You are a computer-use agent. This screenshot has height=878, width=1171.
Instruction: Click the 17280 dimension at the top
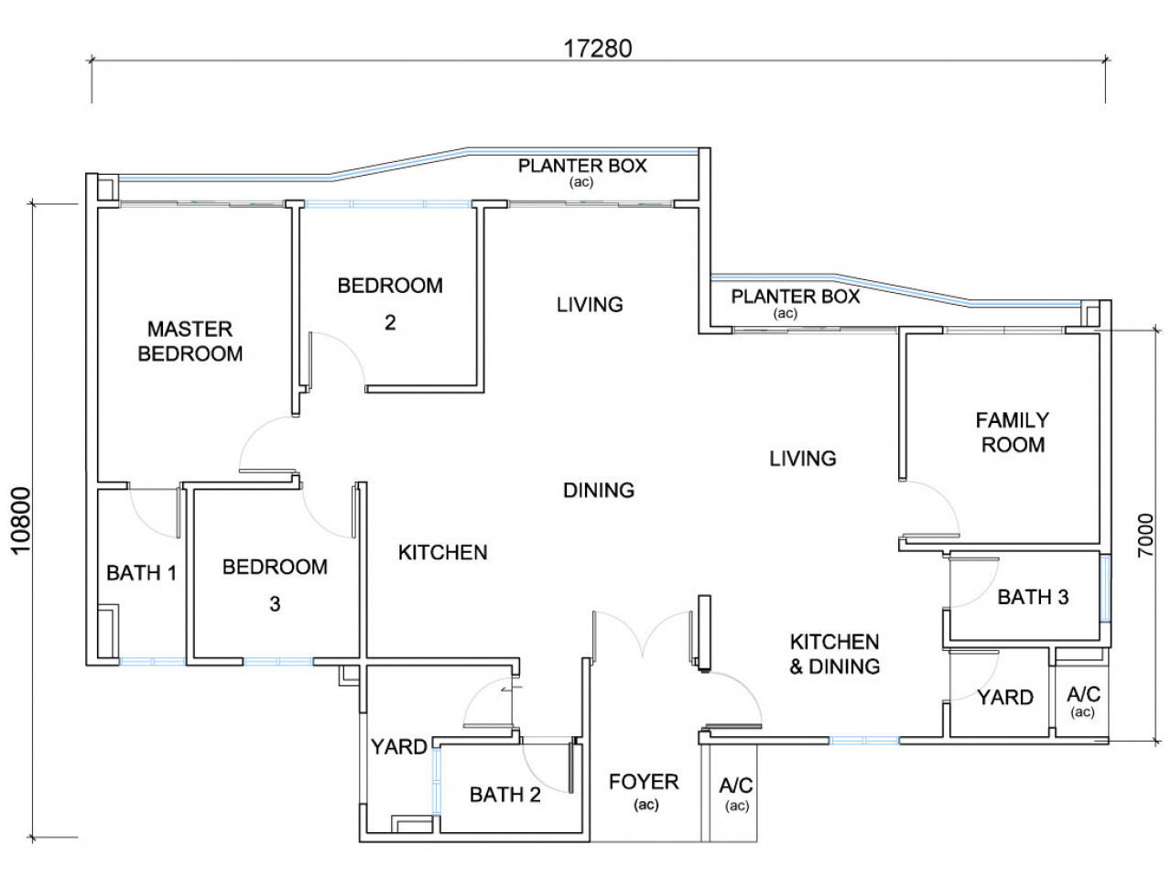pyautogui.click(x=598, y=49)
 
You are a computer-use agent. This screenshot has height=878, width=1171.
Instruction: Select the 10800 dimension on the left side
pyautogui.click(x=22, y=521)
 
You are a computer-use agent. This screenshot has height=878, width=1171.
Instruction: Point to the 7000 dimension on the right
pyautogui.click(x=1144, y=536)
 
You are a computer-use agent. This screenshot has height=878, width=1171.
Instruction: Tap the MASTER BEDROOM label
pyautogui.click(x=190, y=341)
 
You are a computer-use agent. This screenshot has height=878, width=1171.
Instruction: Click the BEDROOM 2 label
pyautogui.click(x=390, y=304)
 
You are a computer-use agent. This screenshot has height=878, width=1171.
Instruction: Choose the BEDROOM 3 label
pyautogui.click(x=275, y=585)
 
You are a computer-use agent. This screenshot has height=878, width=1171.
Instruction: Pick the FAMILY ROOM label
pyautogui.click(x=1013, y=432)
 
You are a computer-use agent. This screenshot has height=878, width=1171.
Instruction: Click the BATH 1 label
pyautogui.click(x=141, y=573)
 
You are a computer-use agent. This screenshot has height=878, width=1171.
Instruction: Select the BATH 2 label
pyautogui.click(x=505, y=795)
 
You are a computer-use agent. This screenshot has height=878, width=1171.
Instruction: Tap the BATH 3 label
pyautogui.click(x=1034, y=597)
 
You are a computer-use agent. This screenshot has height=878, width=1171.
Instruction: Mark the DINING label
pyautogui.click(x=599, y=490)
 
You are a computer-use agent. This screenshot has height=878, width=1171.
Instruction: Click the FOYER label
pyautogui.click(x=644, y=782)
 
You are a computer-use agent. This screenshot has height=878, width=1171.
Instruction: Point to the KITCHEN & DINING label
pyautogui.click(x=835, y=654)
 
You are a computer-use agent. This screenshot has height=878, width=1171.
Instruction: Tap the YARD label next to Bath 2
pyautogui.click(x=399, y=747)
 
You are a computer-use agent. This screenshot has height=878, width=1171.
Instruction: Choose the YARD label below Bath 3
pyautogui.click(x=1005, y=697)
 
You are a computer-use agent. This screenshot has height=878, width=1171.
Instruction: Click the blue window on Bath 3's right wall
pyautogui.click(x=1105, y=589)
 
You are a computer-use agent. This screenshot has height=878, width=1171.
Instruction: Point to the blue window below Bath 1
pyautogui.click(x=152, y=661)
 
